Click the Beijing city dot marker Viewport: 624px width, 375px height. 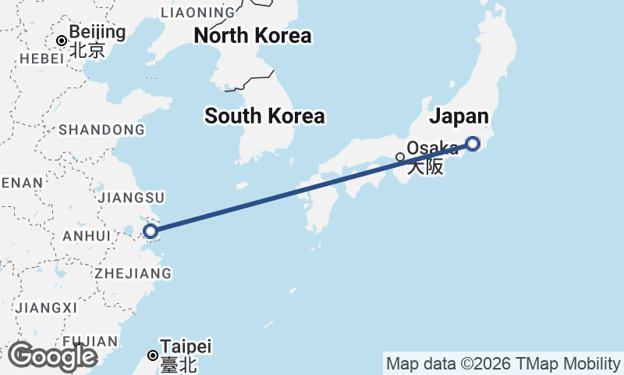62,40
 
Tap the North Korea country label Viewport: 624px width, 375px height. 253,36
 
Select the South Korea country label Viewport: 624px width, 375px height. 264,116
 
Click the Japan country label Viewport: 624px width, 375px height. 459,116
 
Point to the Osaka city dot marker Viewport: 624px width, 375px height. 400,157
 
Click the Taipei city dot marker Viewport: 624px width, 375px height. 153,355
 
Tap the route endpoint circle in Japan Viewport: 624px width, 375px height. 473,143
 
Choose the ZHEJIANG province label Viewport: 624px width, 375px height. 133,273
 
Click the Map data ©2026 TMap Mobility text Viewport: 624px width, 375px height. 503,364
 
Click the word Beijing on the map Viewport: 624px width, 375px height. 97,33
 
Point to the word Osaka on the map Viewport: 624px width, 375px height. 433,148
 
